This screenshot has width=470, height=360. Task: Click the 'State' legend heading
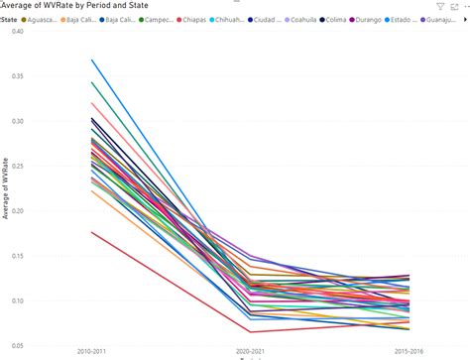click(x=8, y=19)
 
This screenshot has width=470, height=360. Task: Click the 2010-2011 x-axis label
click(x=92, y=352)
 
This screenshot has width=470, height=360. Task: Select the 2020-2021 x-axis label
click(x=252, y=352)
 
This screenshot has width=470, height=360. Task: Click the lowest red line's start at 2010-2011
click(x=92, y=232)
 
